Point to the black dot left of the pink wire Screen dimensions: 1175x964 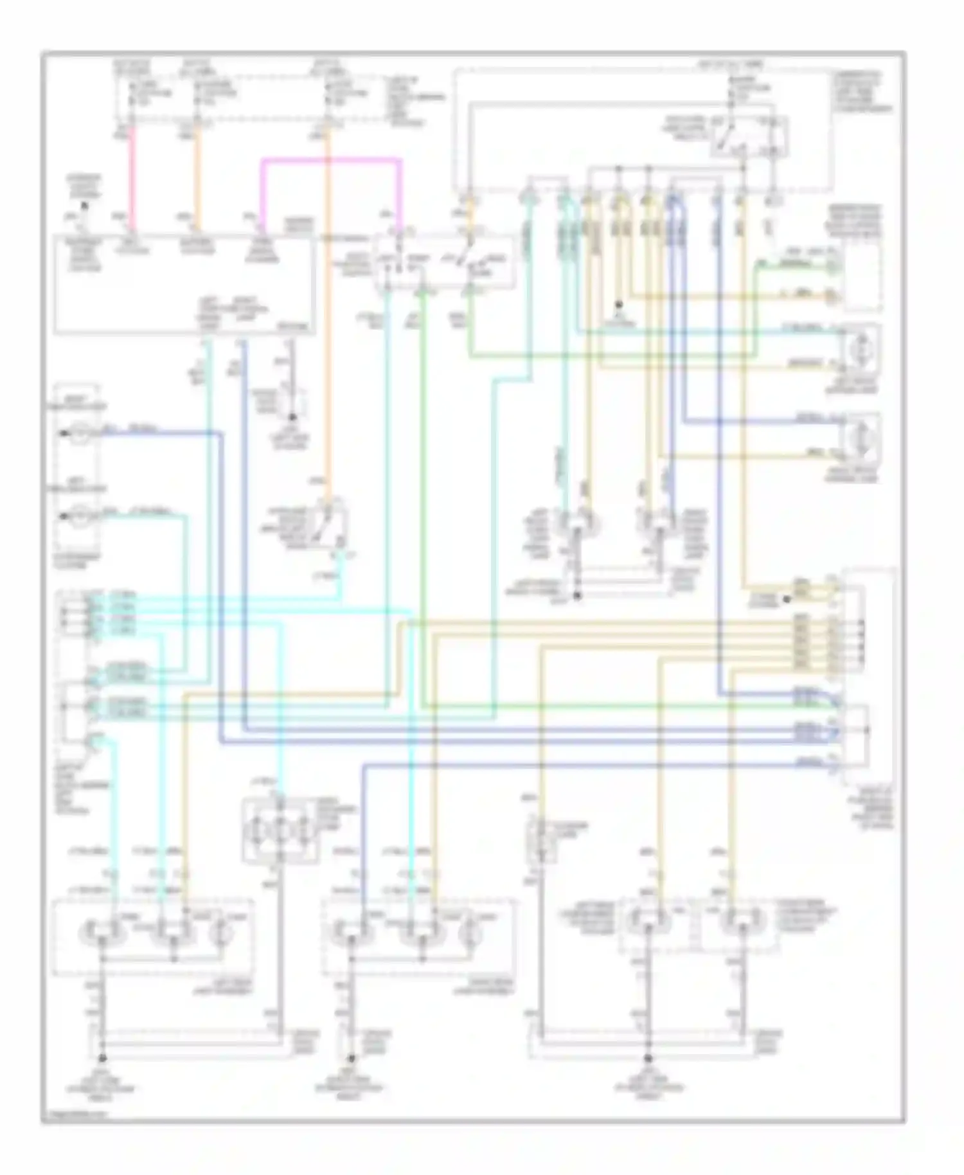point(84,205)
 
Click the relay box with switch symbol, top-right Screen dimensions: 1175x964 point(749,136)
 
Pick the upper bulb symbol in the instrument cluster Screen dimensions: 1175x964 point(80,435)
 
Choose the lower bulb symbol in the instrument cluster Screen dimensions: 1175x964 point(80,516)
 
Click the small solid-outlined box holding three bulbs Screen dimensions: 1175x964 point(280,829)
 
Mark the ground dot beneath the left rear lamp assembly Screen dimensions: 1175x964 point(102,1057)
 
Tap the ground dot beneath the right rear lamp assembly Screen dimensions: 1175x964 point(352,1057)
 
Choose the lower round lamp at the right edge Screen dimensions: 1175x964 point(860,440)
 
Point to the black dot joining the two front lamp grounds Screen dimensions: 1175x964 point(577,596)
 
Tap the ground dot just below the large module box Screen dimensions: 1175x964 point(294,416)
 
